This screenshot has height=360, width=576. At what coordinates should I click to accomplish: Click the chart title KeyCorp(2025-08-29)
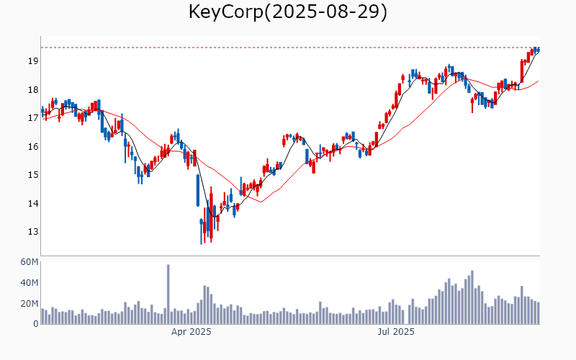point(288,12)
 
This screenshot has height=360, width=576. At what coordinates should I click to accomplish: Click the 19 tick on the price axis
point(32,61)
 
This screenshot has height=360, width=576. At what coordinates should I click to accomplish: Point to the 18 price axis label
point(32,90)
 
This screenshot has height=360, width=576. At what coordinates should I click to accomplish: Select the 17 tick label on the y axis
point(32,118)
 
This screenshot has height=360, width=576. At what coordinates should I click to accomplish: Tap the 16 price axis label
point(32,147)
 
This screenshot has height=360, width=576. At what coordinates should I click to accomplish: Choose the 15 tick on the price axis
point(32,175)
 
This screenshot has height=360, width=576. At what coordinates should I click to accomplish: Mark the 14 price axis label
point(32,204)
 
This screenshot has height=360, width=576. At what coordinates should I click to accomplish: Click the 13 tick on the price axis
point(32,232)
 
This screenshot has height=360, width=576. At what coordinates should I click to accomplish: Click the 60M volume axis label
point(29,262)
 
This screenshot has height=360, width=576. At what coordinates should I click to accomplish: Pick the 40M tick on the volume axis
point(29,283)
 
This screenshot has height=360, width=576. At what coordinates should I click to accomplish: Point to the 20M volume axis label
point(29,304)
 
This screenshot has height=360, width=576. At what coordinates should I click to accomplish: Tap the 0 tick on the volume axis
point(35,324)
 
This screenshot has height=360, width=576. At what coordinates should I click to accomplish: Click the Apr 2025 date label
point(191,332)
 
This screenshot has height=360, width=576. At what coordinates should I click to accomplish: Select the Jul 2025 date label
point(396,332)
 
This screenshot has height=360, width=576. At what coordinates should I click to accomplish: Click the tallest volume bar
point(168,294)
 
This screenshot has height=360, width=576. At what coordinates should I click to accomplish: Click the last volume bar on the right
point(538,313)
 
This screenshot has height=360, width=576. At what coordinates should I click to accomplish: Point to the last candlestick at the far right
point(538,49)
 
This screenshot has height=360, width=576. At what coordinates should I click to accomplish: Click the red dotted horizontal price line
point(288,48)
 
